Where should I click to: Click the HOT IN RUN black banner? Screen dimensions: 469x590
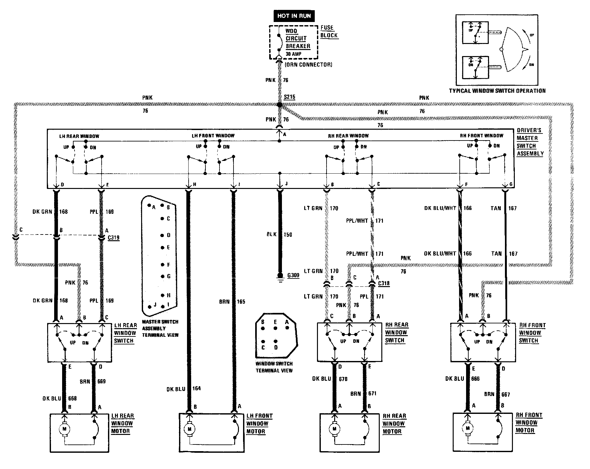click(x=294, y=16)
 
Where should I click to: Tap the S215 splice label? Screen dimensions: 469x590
click(x=289, y=97)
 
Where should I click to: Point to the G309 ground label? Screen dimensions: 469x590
click(x=293, y=275)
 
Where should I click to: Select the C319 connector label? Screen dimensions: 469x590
click(x=113, y=237)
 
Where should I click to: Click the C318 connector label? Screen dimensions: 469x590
click(x=383, y=283)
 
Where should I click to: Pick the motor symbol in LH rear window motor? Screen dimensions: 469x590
click(x=64, y=429)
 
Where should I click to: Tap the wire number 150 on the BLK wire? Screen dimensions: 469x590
click(x=287, y=235)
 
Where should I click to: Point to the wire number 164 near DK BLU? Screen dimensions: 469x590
click(x=197, y=388)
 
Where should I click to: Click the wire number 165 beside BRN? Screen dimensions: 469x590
click(x=241, y=301)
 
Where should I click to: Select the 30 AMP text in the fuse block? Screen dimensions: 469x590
click(x=293, y=54)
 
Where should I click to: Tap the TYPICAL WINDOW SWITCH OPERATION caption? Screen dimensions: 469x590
click(x=497, y=91)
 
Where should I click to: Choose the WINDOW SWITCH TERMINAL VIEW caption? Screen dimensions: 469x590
click(x=274, y=367)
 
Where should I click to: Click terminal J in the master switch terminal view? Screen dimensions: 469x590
click(x=155, y=305)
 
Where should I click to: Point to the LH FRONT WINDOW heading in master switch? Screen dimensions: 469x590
click(x=213, y=136)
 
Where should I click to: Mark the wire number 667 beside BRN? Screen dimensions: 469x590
click(x=505, y=394)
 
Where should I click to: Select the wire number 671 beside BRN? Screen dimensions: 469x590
click(x=372, y=393)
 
